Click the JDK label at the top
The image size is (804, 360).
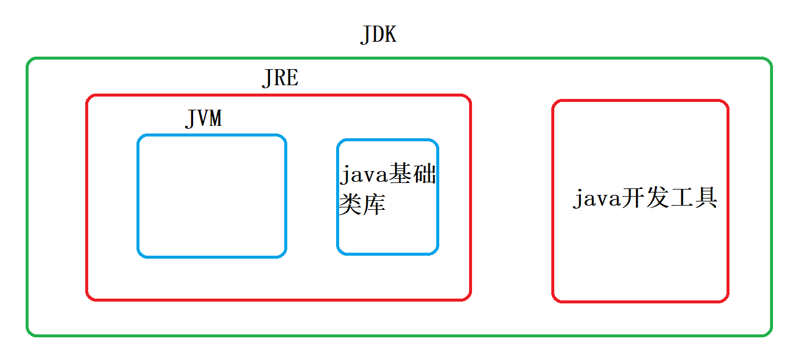pos(378,35)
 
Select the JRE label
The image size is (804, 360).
pos(280,78)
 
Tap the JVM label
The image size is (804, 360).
pos(203,118)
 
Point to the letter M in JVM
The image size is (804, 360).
pos(215,118)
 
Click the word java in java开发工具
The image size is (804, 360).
pos(596,198)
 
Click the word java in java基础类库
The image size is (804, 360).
pos(363,176)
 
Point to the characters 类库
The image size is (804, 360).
pos(362,204)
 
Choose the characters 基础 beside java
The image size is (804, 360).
pos(412,176)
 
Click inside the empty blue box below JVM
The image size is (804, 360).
pos(212,197)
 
